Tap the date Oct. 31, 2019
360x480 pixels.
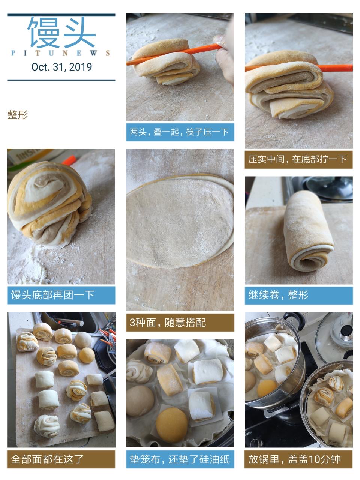click(61, 67)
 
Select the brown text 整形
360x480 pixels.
click(18, 115)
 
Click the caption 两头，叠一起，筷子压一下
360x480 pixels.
click(179, 132)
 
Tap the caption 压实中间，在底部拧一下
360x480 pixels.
click(298, 159)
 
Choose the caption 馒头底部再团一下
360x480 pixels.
click(53, 295)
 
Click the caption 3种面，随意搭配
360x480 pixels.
click(168, 322)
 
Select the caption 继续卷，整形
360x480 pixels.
click(278, 295)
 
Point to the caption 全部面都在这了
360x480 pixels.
click(47, 459)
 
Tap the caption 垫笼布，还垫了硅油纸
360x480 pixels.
click(180, 459)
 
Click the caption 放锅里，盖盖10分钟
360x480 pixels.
click(295, 459)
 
